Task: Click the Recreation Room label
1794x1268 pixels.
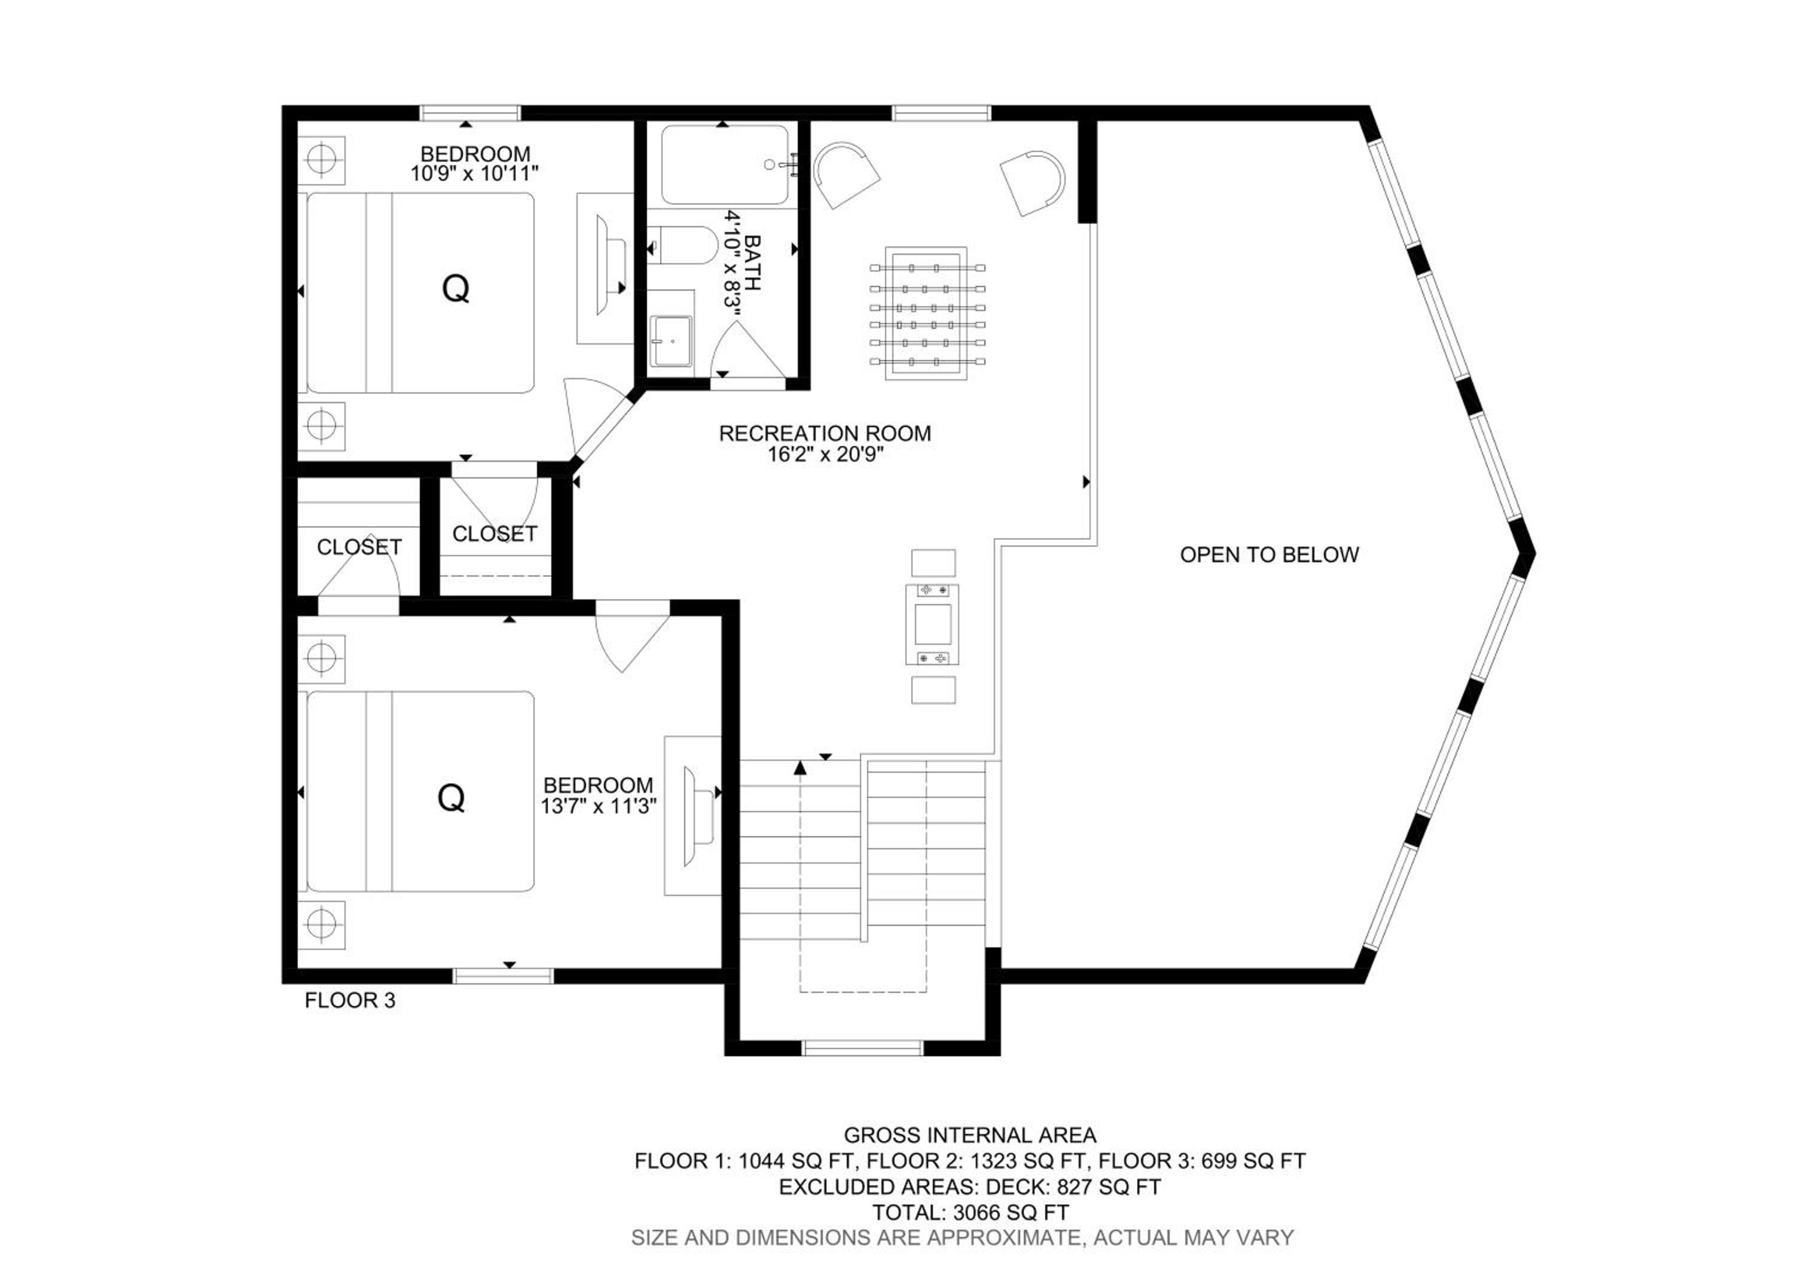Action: tap(825, 433)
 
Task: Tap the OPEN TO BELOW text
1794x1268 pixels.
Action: tap(1270, 554)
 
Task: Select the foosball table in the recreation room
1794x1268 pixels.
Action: tap(927, 313)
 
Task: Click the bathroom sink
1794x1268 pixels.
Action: tap(671, 341)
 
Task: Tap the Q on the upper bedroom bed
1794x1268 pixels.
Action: tap(456, 289)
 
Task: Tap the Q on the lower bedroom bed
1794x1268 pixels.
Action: tap(451, 798)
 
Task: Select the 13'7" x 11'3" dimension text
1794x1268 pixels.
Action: tap(599, 806)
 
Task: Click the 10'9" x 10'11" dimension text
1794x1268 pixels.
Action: tap(475, 173)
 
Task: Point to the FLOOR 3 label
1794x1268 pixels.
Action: tap(350, 1000)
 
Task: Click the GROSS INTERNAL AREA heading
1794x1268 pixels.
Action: tap(970, 1135)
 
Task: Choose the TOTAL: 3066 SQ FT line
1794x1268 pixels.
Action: tap(971, 1212)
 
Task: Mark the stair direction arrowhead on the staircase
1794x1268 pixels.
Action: tap(800, 767)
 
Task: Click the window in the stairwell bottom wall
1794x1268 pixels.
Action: tap(864, 1048)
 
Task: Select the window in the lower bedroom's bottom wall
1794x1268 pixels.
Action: tap(503, 976)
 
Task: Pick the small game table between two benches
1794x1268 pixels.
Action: tap(933, 624)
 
